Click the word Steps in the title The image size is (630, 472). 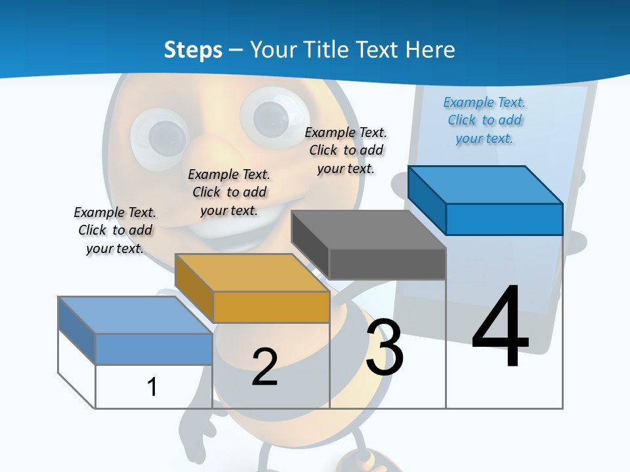tap(193, 50)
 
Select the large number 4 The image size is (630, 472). tap(500, 328)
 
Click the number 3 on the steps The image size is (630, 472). tap(385, 347)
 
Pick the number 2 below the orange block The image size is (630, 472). tap(264, 366)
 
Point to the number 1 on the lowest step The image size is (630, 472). tap(152, 387)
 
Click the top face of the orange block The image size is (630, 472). tap(252, 273)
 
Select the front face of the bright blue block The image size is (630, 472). tap(504, 219)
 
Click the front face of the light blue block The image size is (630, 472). tap(154, 349)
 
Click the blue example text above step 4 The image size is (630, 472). tap(484, 121)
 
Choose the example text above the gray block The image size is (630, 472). tap(346, 150)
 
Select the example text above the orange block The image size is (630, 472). tap(229, 192)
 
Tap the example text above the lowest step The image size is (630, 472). tap(115, 230)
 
